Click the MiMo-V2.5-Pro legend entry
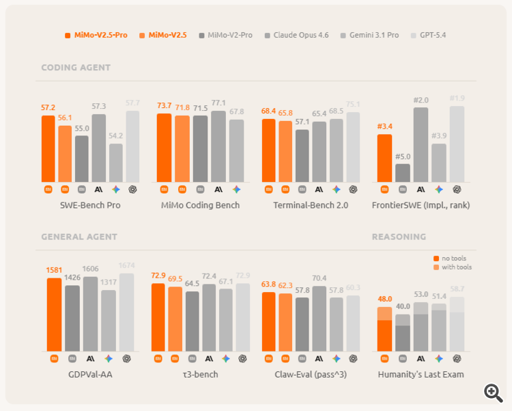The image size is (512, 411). point(96,35)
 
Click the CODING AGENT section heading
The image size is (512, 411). point(76,68)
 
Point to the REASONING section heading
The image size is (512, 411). point(399,237)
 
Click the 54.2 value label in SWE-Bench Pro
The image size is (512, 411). point(115,135)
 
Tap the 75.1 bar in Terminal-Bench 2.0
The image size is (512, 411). point(353,147)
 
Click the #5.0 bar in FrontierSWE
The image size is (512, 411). point(403,172)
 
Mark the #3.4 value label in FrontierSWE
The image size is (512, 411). point(384,126)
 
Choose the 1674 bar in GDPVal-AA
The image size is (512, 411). point(126,312)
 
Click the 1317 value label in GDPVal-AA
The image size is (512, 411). point(109,282)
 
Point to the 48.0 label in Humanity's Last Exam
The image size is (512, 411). point(384,299)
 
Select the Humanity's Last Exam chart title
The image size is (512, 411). point(421,374)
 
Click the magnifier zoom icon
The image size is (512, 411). point(493,392)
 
